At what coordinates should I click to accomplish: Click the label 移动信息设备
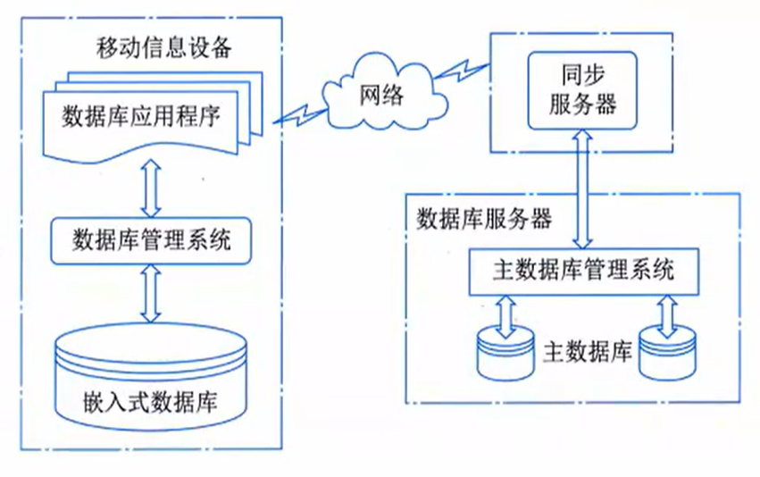click(163, 46)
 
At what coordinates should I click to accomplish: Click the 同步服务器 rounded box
click(581, 90)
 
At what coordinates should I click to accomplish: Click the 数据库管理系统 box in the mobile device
click(151, 239)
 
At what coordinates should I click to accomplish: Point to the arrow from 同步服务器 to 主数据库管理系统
click(581, 188)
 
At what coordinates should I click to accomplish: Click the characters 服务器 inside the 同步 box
click(581, 105)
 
